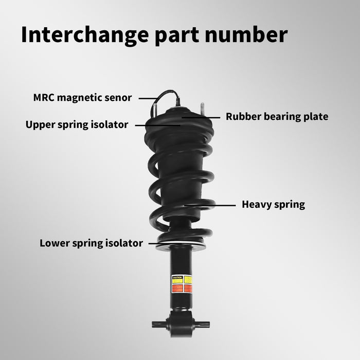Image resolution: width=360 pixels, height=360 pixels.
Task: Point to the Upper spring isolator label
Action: point(77,124)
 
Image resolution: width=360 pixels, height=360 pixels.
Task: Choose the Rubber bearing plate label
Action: point(277,117)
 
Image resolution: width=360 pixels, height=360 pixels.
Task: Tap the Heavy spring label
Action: point(273,204)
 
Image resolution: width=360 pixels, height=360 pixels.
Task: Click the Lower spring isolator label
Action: point(91,243)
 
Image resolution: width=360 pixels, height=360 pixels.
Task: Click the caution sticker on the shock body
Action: point(181,284)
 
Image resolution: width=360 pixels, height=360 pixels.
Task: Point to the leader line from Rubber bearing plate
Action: point(203,117)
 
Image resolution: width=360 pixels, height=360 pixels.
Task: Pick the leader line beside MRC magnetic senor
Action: point(148,97)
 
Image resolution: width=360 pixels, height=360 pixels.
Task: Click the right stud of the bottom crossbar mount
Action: point(205,325)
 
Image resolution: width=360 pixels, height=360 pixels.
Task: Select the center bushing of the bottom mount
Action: point(181,325)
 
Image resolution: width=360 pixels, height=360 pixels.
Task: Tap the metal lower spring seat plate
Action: point(181,245)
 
